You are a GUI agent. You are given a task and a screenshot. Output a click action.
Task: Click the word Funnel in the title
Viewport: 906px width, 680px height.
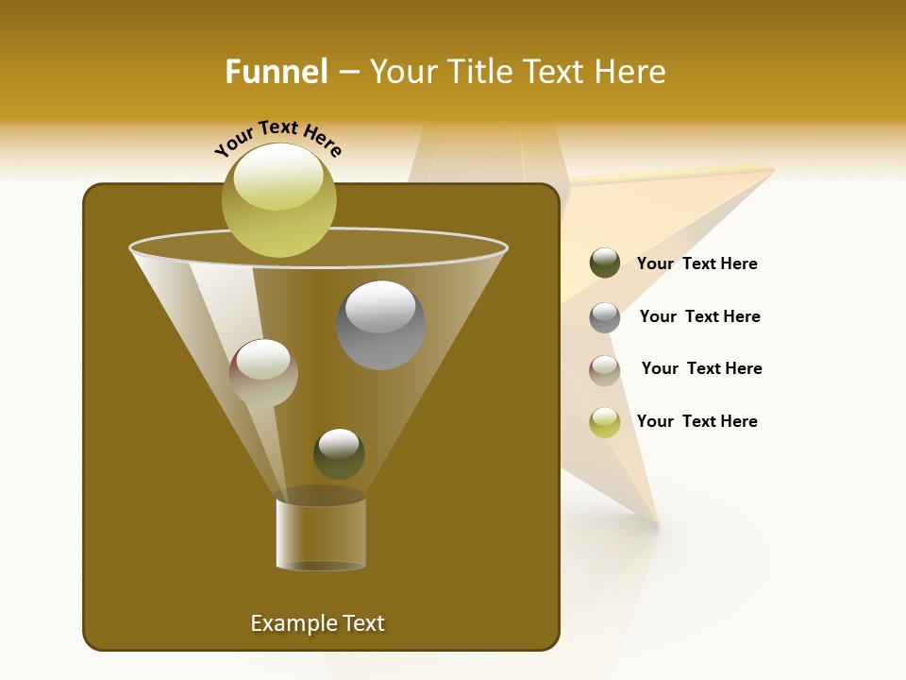click(276, 72)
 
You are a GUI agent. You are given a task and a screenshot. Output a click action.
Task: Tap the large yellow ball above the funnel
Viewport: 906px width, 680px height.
click(279, 199)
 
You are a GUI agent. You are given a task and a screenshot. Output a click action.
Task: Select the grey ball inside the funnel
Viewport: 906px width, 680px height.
click(380, 325)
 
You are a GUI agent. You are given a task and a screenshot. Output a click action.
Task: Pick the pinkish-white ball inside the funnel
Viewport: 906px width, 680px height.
click(263, 373)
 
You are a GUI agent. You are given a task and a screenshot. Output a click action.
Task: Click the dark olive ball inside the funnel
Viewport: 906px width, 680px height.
click(339, 453)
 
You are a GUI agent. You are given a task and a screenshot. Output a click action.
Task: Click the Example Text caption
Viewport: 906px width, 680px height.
click(318, 623)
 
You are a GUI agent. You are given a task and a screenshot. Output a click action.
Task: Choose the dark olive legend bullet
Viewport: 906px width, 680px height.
click(605, 263)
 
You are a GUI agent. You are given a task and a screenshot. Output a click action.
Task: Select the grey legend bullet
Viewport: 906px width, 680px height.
click(605, 316)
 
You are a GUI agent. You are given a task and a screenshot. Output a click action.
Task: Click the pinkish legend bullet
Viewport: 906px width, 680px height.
click(605, 369)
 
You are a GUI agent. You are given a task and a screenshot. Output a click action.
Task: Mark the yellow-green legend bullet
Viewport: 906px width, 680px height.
click(605, 422)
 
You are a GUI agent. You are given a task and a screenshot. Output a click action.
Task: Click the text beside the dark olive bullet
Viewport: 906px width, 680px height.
click(697, 264)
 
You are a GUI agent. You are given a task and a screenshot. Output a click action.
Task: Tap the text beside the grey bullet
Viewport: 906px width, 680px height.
click(700, 317)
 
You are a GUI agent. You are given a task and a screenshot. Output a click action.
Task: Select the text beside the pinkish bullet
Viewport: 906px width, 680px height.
click(702, 369)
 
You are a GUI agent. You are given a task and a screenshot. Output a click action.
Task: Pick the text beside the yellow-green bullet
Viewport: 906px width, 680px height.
click(697, 422)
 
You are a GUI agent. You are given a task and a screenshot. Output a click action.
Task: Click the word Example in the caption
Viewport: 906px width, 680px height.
click(285, 623)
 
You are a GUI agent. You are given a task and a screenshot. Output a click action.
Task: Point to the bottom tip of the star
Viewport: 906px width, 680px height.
click(655, 520)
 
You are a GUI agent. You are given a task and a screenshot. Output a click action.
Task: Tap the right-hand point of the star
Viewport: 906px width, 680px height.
click(771, 170)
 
